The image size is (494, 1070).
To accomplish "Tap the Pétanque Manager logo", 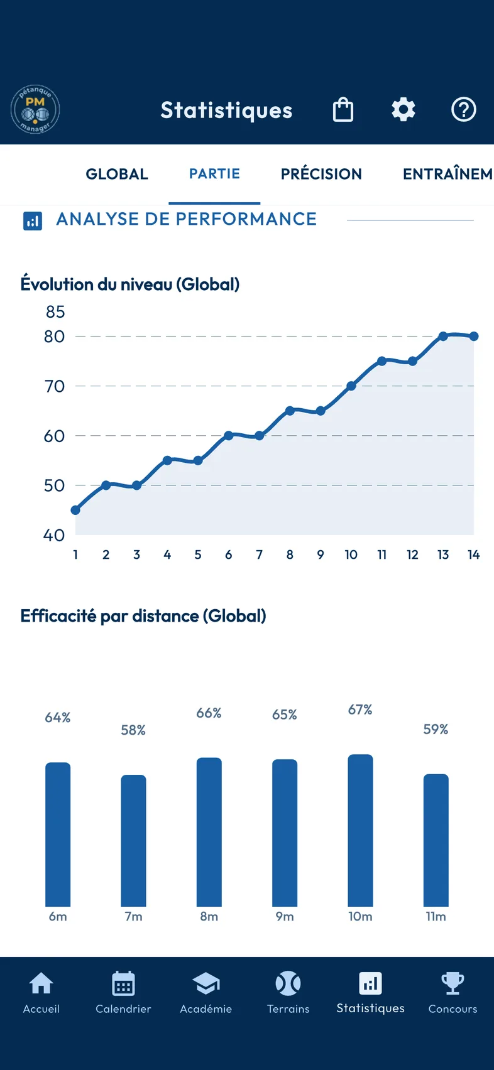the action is [x=35, y=109].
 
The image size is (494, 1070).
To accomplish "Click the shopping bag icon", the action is [x=343, y=109].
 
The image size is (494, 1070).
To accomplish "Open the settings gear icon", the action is [x=403, y=109].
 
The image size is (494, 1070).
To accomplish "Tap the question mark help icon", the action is [x=463, y=109].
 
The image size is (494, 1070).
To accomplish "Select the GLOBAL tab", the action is [x=117, y=174].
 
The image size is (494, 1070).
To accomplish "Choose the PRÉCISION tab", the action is [x=321, y=174].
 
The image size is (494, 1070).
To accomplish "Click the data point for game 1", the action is [x=75, y=510].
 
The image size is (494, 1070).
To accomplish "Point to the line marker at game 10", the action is [x=351, y=386].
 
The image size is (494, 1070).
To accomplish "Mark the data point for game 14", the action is [x=473, y=337].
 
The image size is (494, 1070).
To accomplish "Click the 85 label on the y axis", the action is [x=55, y=312].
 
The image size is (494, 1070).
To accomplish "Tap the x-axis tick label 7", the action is [x=259, y=554].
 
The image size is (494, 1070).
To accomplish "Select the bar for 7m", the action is [x=133, y=840].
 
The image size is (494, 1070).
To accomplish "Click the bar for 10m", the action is [x=360, y=830].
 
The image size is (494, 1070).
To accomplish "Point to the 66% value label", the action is [x=209, y=713].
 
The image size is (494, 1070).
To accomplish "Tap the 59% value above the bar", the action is [x=436, y=730].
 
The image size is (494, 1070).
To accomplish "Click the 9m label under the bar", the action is [x=285, y=916].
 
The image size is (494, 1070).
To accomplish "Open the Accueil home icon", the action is [x=41, y=983].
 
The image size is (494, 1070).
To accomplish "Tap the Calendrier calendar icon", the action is [x=123, y=983].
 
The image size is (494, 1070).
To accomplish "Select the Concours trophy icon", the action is [x=453, y=983].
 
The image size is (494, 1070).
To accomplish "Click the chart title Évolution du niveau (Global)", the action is [x=130, y=284].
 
